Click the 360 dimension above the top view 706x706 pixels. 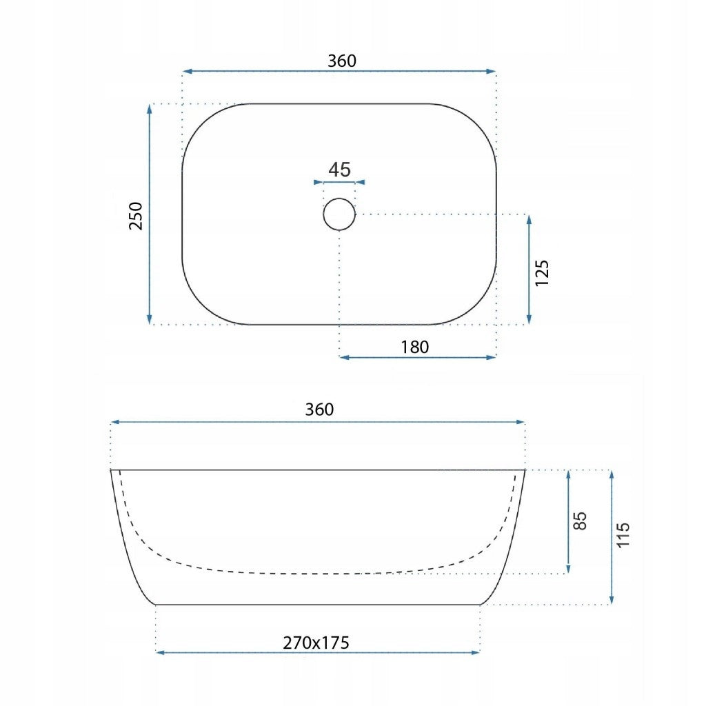[x=342, y=61]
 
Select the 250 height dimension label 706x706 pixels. [x=136, y=216]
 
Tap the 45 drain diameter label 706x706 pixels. [x=339, y=170]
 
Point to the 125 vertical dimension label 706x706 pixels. [x=542, y=273]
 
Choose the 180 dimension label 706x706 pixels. [x=414, y=347]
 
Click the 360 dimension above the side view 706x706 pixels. [x=319, y=410]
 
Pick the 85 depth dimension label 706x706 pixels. [x=581, y=521]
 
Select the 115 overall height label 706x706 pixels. [x=623, y=535]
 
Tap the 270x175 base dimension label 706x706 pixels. [x=316, y=643]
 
